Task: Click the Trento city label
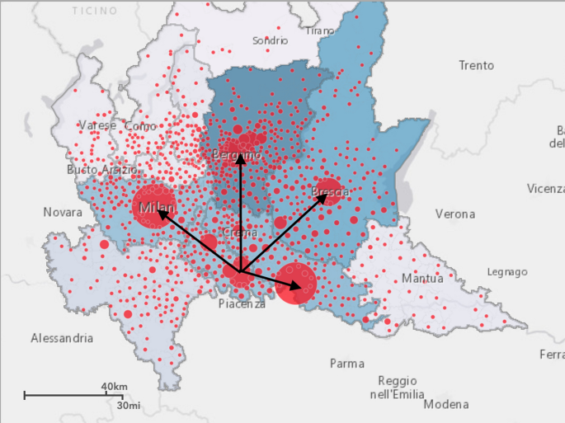[x=476, y=65]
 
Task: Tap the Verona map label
[x=455, y=214]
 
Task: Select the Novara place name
[x=64, y=213]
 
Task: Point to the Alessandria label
[x=62, y=338]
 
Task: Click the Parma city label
[x=346, y=364]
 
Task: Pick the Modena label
[x=446, y=404]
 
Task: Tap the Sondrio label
[x=271, y=40]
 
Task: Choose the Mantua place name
[x=422, y=279]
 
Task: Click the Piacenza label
[x=242, y=304]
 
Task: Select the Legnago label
[x=507, y=271]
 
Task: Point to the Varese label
[x=97, y=125]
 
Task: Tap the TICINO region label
[x=95, y=11]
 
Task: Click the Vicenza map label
[x=545, y=189]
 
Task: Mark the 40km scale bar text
[x=114, y=387]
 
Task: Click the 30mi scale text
[x=129, y=406]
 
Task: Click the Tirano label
[x=320, y=31]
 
